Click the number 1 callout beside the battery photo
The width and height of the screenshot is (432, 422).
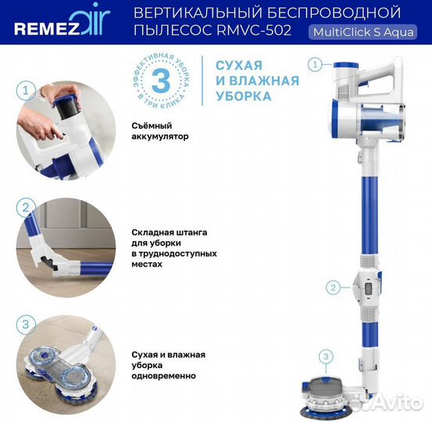pyautogui.click(x=24, y=91)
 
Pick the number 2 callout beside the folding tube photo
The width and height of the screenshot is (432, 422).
pyautogui.click(x=24, y=208)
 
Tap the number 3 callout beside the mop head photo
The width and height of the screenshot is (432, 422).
pyautogui.click(x=24, y=324)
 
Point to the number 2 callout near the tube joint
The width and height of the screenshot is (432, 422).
pyautogui.click(x=334, y=287)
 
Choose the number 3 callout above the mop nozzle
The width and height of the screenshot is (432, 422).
pyautogui.click(x=327, y=356)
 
